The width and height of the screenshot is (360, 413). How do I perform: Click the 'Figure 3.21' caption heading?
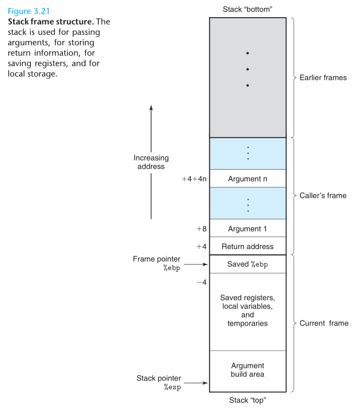[x=29, y=11]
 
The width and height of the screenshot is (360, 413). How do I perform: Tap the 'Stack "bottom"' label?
[x=247, y=10]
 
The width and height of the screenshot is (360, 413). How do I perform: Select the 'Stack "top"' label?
[x=247, y=400]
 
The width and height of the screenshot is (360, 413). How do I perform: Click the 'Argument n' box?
[x=248, y=178]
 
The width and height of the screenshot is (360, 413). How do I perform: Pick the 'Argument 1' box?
[x=248, y=228]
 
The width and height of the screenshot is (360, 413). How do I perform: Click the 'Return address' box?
[x=248, y=246]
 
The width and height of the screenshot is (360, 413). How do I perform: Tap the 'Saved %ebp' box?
[x=248, y=264]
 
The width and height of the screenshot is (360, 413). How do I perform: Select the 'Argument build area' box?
[x=248, y=371]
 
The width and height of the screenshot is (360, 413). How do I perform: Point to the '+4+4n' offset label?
[x=194, y=179]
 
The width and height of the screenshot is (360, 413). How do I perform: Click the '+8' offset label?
[x=202, y=228]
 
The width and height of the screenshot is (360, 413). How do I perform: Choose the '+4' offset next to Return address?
[x=202, y=247]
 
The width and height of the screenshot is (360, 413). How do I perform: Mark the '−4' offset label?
[x=202, y=282]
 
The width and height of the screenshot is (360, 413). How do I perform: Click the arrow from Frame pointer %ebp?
[x=196, y=264]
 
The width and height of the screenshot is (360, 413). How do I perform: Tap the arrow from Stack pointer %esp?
[x=196, y=383]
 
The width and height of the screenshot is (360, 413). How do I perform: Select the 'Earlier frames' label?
[x=323, y=78]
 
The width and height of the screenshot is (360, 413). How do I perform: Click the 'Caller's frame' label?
[x=323, y=195]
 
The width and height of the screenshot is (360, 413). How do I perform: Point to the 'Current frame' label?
[x=324, y=323]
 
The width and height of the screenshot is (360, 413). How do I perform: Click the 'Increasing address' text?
[x=151, y=162]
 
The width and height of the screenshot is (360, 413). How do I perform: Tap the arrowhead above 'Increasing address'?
[x=151, y=107]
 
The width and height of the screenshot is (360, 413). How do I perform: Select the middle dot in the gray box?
[x=247, y=69]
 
